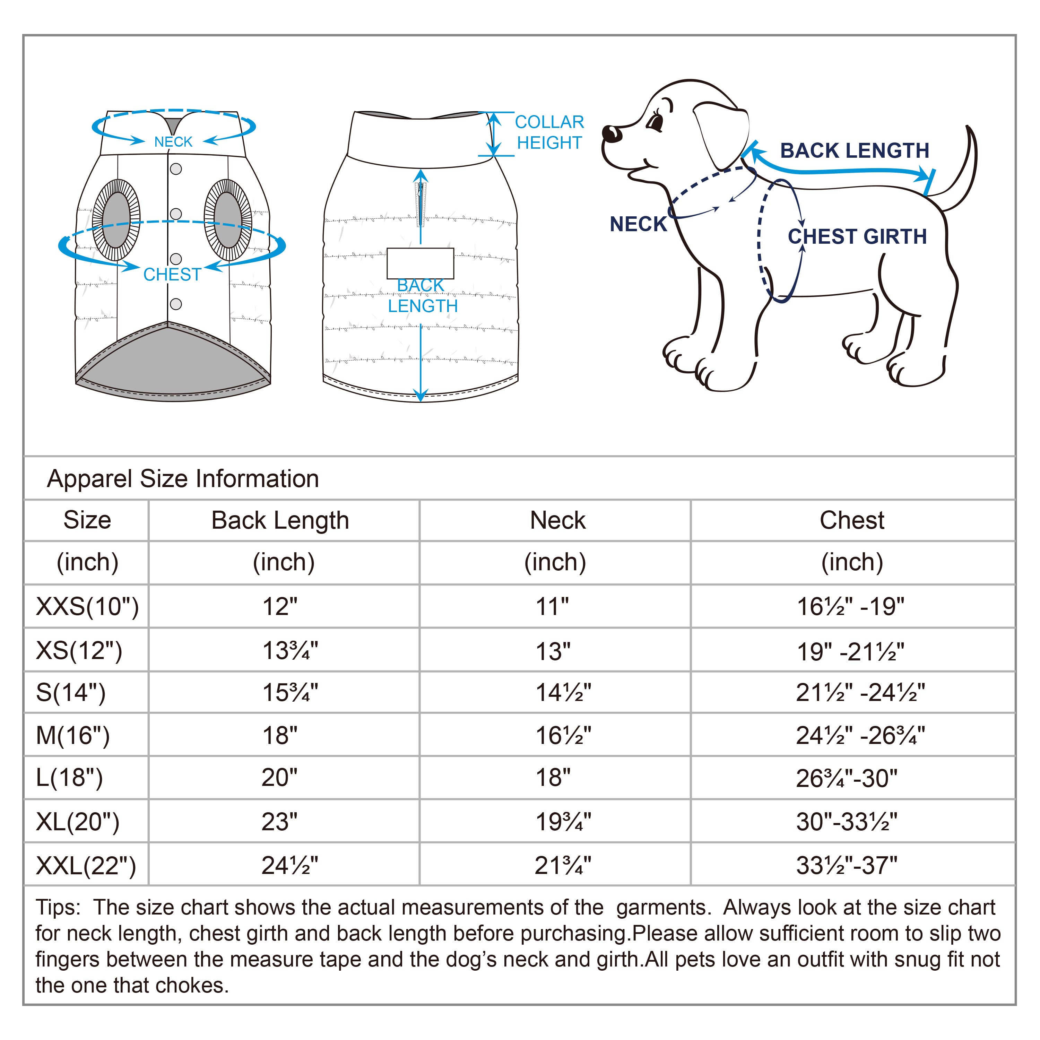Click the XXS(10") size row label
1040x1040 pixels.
pos(87,607)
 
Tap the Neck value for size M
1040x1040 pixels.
pos(563,735)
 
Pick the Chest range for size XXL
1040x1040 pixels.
pos(846,866)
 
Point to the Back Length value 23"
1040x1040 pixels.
pos(279,822)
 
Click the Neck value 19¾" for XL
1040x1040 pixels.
pos(563,822)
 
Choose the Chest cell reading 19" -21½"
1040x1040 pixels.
pos(850,652)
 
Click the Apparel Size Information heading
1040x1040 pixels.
pos(183,478)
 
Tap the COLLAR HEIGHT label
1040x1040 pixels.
pos(549,132)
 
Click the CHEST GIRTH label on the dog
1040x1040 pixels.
pos(857,237)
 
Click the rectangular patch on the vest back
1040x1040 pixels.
pos(420,263)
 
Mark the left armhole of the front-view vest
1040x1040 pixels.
pos(116,220)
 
